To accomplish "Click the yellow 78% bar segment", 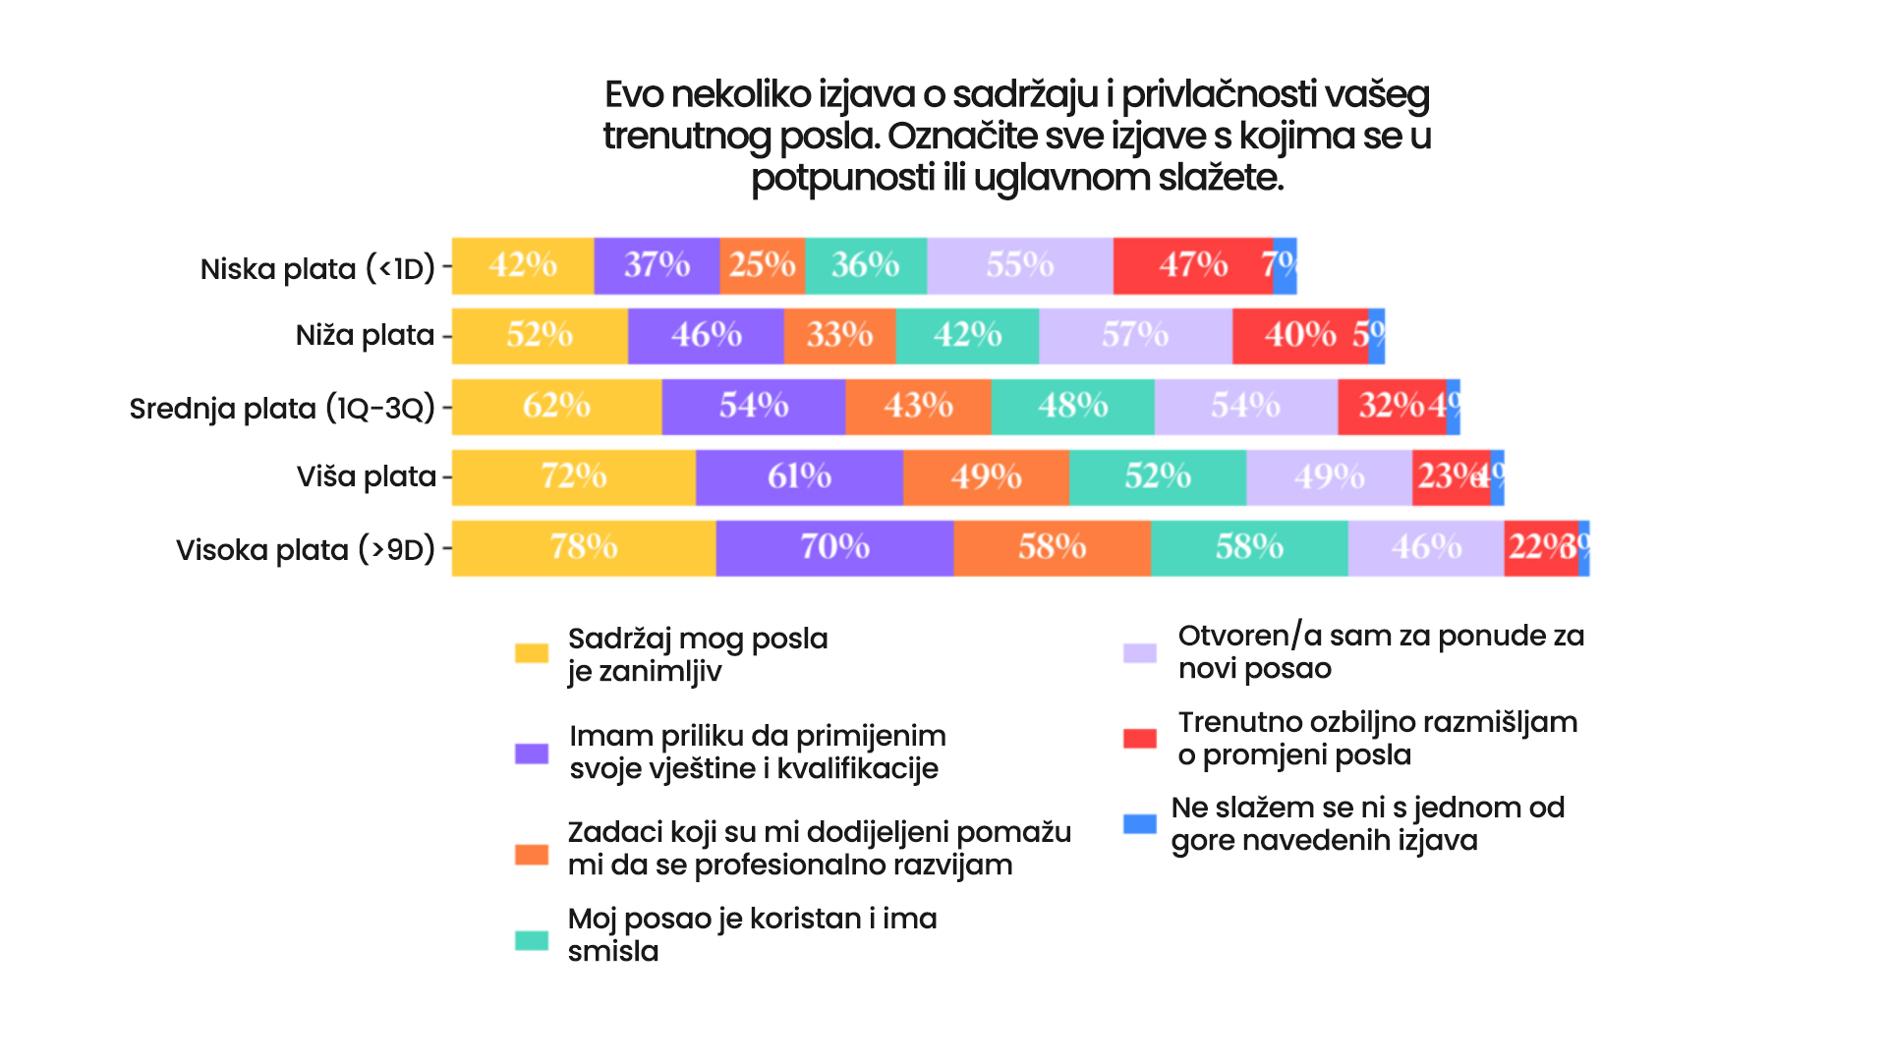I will pos(584,547).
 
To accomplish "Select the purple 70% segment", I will pos(834,547).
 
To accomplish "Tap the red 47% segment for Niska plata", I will pos(1192,265).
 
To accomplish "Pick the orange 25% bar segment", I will pos(762,265).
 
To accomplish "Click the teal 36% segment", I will pos(865,265).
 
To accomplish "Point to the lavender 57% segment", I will pos(1135,336).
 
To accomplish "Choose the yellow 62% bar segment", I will pos(556,407).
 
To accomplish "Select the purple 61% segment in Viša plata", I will pos(799,477).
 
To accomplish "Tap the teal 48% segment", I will pos(1072,407).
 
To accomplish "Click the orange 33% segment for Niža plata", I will pos(839,336).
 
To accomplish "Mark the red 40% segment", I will pos(1299,336).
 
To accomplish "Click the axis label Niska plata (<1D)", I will pos(317,268).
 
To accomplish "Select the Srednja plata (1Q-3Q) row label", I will pos(282,408).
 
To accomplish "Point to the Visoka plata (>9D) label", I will pos(305,549).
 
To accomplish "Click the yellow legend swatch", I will pos(532,653).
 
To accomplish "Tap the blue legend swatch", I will pos(1140,823).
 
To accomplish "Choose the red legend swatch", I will pos(1140,738).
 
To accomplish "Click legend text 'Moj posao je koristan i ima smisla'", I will pos(752,934).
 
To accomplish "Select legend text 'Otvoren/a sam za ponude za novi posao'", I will pos(1381,651).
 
